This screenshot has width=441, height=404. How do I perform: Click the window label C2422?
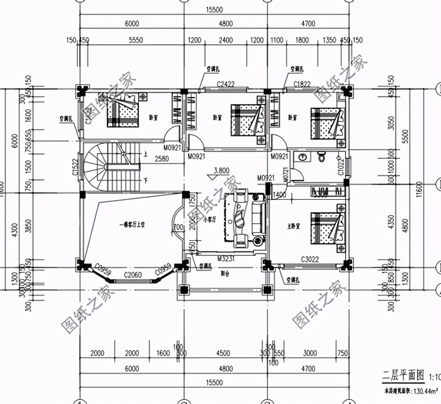[225, 84]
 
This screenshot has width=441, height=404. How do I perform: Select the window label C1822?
[302, 84]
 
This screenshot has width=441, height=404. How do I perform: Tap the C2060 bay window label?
[133, 275]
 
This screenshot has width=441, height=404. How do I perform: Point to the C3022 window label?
[310, 259]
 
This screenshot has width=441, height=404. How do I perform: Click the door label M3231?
[226, 259]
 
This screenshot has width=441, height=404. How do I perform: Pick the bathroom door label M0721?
[286, 174]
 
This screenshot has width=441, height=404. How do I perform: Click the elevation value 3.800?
[221, 170]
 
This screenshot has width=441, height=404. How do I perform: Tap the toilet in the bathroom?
[322, 157]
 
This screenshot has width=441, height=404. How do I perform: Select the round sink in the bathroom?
[302, 157]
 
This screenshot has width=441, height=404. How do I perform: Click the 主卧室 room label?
[294, 226]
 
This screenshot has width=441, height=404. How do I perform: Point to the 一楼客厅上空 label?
[132, 224]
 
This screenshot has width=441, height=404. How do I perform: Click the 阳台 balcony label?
[225, 274]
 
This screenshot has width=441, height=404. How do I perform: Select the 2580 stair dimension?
[161, 159]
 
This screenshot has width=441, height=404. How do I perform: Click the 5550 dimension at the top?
[136, 40]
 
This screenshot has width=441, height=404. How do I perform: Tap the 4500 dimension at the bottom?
[223, 353]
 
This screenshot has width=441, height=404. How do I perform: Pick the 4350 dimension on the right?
[391, 222]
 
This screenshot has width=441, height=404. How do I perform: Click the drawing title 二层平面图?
[403, 376]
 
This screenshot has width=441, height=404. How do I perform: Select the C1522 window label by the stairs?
[75, 167]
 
